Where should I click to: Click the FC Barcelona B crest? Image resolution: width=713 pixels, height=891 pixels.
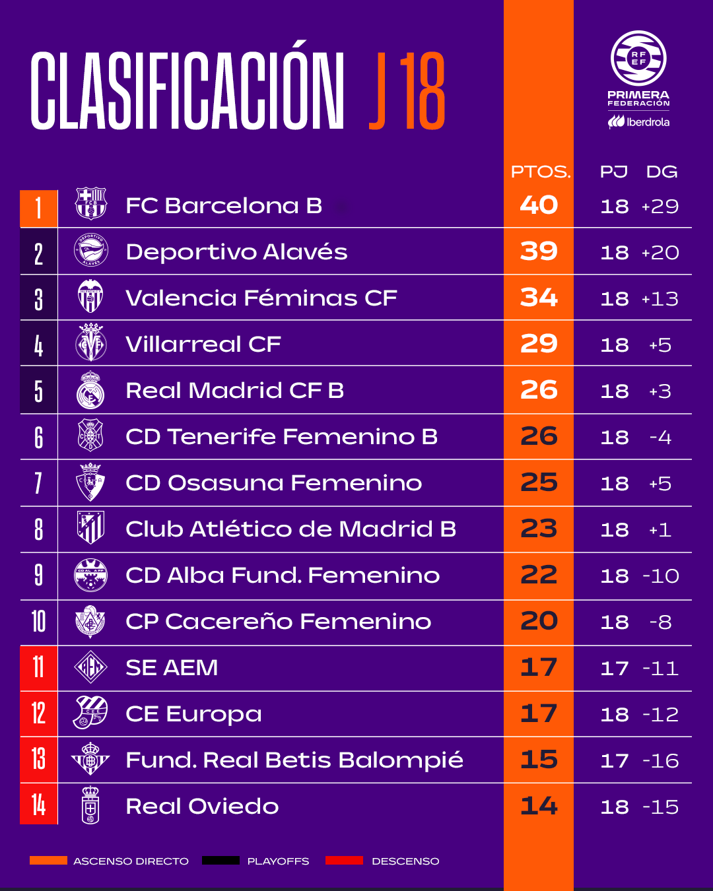91,203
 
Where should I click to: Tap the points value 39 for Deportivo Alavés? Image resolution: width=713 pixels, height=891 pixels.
539,251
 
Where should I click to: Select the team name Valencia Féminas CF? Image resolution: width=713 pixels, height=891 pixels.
261,298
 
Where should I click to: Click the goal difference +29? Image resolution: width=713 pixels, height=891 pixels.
660,206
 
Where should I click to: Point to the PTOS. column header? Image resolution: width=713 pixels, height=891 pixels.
541,172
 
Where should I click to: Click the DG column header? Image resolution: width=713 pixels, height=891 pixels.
662,172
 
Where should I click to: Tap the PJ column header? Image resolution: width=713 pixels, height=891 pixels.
613,172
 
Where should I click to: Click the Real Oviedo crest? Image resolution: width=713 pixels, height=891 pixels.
90,805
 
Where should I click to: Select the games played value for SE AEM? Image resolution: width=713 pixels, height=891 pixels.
615,669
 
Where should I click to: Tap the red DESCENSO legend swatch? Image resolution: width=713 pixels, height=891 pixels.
344,861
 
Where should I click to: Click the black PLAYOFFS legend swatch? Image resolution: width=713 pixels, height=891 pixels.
221,861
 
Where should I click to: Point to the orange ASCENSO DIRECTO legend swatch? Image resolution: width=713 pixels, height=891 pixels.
48,861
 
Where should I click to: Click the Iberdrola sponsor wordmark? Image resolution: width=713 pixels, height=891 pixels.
638,121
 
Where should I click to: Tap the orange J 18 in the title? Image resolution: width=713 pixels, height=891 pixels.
407,91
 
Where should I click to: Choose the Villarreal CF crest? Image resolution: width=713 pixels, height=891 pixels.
91,343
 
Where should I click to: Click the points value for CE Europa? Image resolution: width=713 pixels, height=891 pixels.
539,713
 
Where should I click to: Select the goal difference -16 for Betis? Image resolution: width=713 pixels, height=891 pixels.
660,761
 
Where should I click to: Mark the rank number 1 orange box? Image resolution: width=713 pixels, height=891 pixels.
39,209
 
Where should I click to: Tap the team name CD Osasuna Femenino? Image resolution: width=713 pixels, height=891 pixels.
273,483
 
